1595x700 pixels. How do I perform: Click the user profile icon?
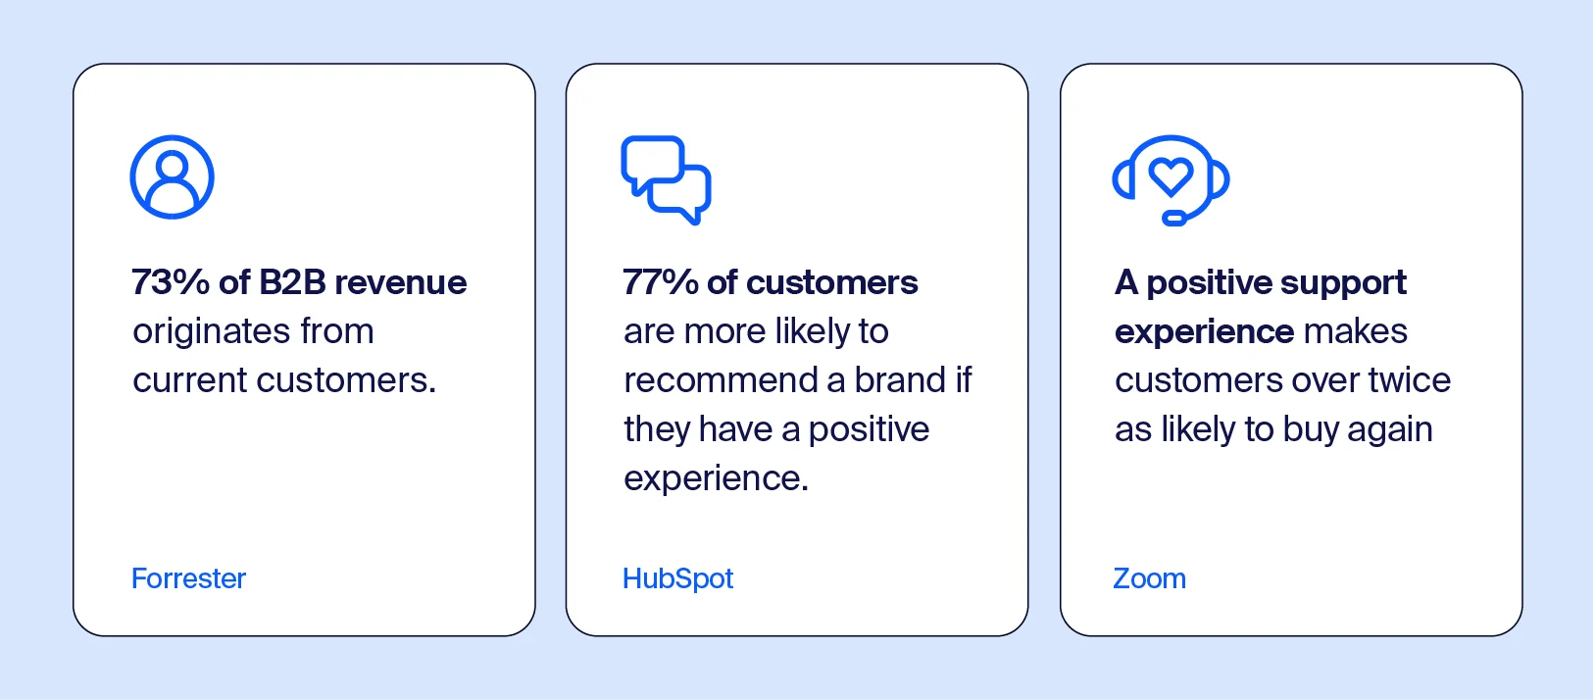coord(173,177)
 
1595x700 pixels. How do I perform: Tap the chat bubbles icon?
coord(666,179)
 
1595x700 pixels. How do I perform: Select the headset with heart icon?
coord(1171,179)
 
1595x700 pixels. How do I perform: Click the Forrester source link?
coord(188,578)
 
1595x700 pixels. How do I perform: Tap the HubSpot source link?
coord(677,578)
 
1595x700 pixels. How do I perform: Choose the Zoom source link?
coord(1149,578)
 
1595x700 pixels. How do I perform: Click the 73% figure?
coord(171,282)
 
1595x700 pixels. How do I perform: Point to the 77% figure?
coord(661,282)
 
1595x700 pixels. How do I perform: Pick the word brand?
coord(900,380)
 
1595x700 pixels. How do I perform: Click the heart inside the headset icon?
coord(1171,175)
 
